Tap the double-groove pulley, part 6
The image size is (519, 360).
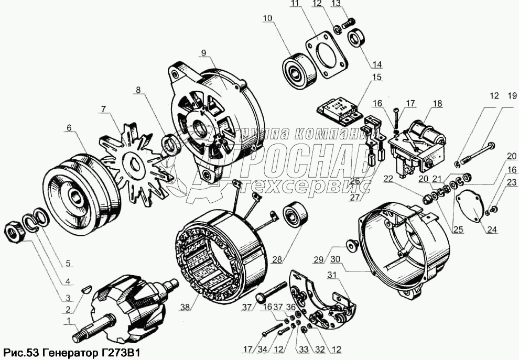coord(80,195)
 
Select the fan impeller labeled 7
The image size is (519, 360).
coord(134,164)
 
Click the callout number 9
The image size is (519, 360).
coord(203,52)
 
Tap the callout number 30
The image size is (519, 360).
coord(336,260)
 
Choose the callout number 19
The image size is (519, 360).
coord(512,96)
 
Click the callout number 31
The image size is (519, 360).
coord(332,275)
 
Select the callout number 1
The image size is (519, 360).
coord(69,320)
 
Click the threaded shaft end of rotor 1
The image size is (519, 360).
coord(80,337)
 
